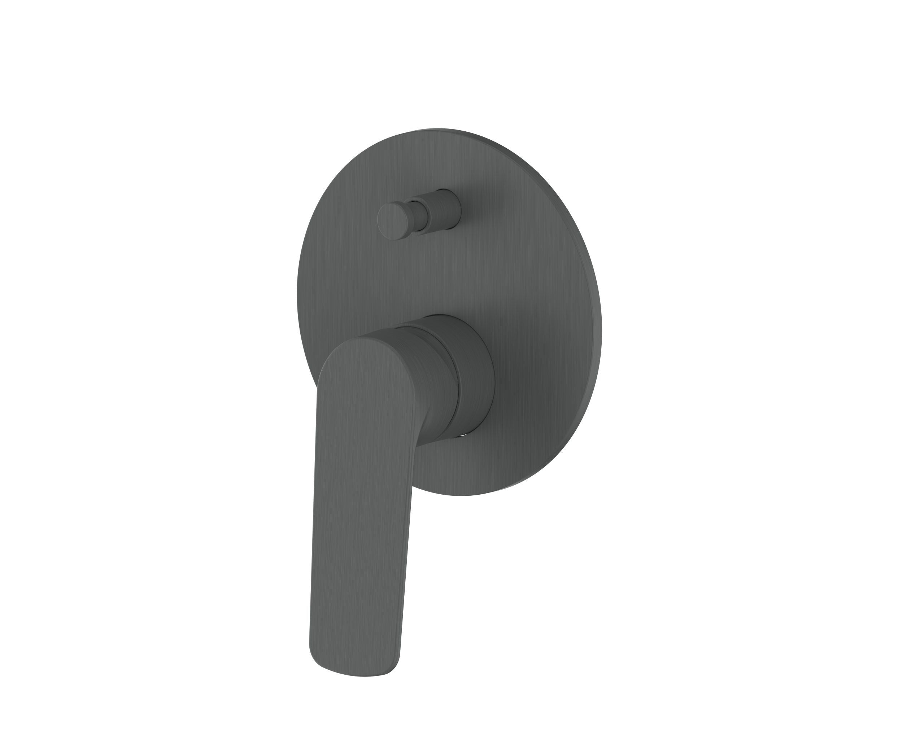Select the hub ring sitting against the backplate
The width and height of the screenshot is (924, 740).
tap(476, 377)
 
